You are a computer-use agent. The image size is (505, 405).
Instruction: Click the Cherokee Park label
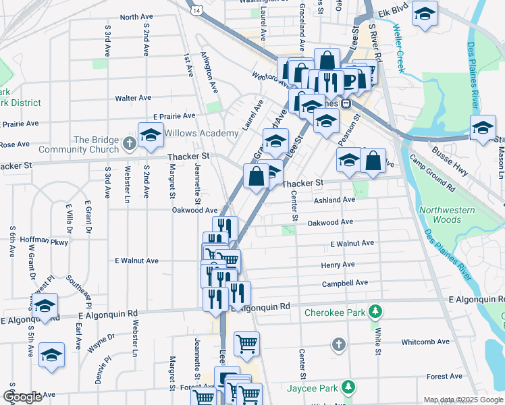tap(335, 313)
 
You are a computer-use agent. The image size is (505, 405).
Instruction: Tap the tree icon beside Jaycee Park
tap(348, 387)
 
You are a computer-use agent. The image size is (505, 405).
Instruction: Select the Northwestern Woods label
tap(446, 215)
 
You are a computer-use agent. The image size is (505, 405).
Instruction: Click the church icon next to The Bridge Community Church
tap(130, 144)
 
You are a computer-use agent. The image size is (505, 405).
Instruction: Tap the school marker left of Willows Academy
tap(151, 135)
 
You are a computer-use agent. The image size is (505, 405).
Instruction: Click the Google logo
tap(22, 397)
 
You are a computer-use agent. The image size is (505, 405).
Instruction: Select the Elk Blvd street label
tap(394, 12)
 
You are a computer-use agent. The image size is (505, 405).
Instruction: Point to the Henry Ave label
tap(338, 265)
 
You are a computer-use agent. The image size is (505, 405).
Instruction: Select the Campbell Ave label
tap(344, 283)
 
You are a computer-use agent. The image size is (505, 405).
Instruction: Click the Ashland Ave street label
tap(334, 200)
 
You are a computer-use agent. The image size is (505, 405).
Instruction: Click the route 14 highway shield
tap(195, 11)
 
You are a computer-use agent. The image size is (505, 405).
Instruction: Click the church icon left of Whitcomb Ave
tap(339, 345)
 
